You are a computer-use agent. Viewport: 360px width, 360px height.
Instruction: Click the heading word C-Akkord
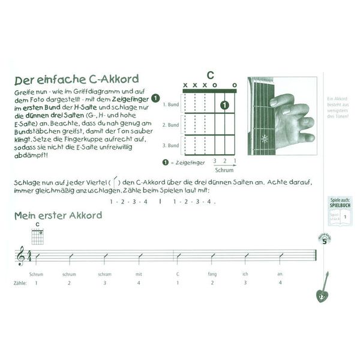coord(110,79)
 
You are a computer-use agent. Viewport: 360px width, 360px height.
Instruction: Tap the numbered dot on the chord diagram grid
coord(224,105)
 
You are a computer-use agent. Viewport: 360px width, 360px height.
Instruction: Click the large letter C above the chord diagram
coord(210,75)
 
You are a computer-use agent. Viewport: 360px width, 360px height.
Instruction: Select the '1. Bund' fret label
coord(171,104)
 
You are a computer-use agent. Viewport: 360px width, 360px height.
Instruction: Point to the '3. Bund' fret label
coord(171,146)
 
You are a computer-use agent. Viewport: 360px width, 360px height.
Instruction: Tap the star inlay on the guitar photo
coord(265,139)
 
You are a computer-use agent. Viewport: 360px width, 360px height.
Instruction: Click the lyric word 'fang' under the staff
coord(212,274)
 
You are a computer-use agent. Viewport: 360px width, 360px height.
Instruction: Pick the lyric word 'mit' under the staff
coord(139,274)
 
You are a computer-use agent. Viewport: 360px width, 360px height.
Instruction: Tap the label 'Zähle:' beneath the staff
coord(20,283)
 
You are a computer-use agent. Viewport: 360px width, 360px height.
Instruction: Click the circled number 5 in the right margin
coord(325,241)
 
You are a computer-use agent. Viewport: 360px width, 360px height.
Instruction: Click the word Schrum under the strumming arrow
coord(223,170)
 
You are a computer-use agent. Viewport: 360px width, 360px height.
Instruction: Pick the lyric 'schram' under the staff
coord(104,274)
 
